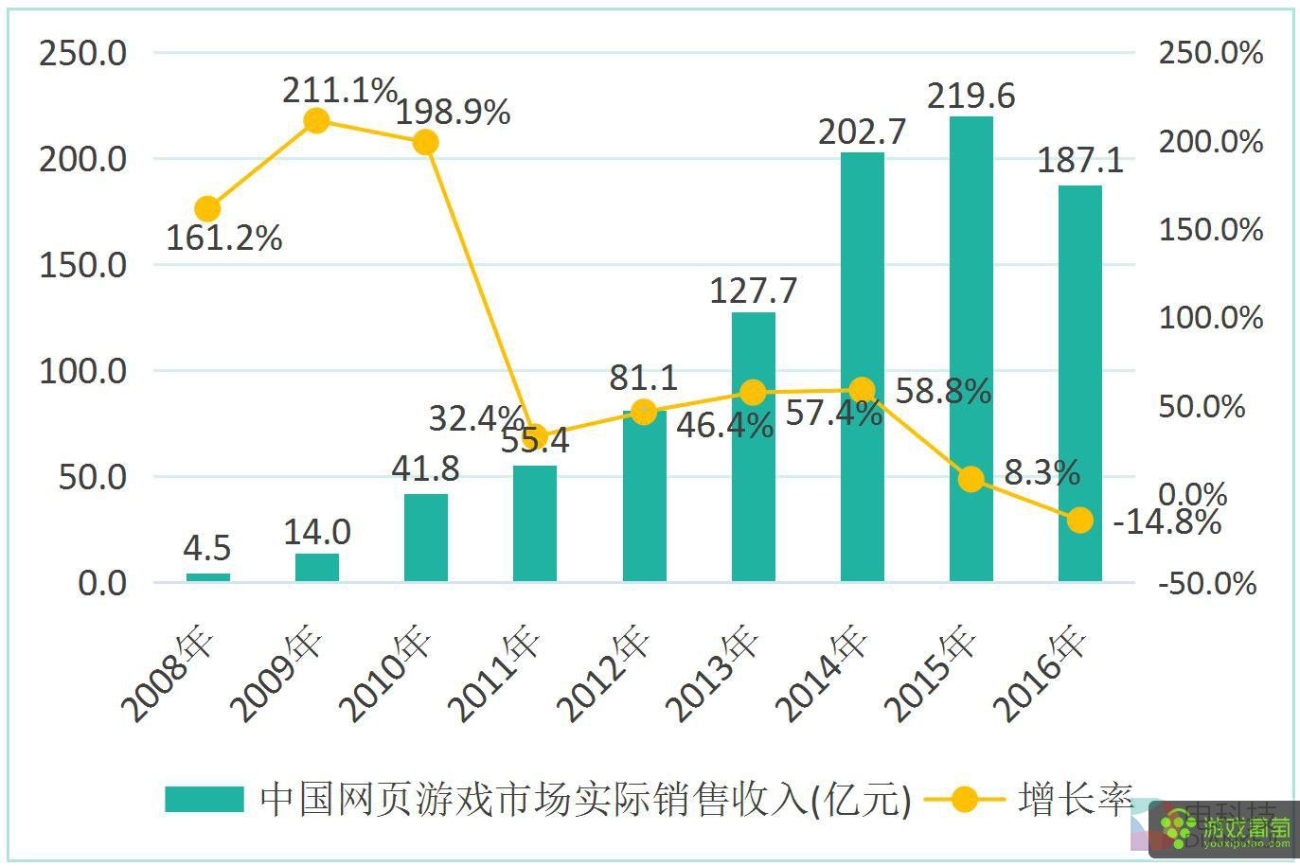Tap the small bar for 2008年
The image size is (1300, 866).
click(x=207, y=576)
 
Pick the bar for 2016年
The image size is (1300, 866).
click(x=1079, y=382)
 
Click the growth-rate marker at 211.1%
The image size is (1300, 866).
click(x=317, y=120)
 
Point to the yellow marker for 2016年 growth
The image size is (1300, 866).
click(x=1079, y=520)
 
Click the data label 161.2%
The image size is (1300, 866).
click(x=224, y=238)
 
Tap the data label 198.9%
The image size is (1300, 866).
click(x=453, y=112)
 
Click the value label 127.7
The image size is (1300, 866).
click(x=753, y=291)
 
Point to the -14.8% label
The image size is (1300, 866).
click(x=1166, y=521)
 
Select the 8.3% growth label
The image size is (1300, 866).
click(x=1042, y=472)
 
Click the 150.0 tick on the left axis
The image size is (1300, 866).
click(x=82, y=265)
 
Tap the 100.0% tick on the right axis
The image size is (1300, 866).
click(x=1210, y=318)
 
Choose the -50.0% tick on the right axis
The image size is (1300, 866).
click(x=1207, y=583)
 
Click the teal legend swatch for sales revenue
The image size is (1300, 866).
click(x=204, y=800)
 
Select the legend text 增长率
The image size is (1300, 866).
click(x=1076, y=800)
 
